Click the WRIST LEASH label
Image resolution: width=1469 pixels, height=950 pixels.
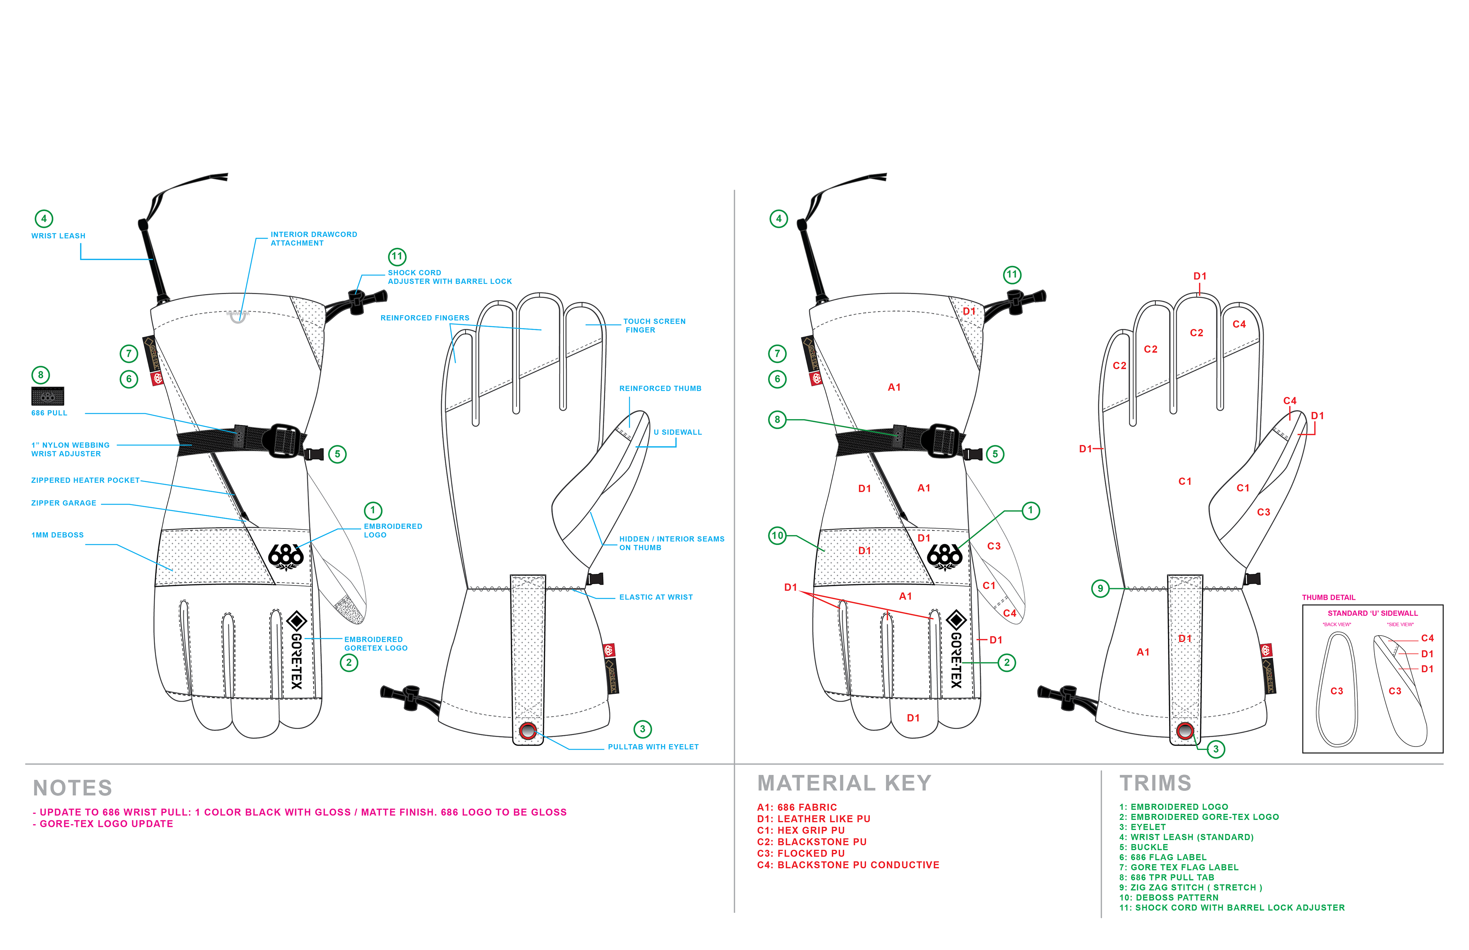pos(58,236)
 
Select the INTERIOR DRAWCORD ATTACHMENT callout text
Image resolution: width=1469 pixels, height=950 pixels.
pos(313,239)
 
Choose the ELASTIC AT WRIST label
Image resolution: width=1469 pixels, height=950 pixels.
pos(655,597)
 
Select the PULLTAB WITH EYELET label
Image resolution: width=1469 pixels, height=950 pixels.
pos(653,747)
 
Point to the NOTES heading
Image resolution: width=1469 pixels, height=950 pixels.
pos(73,788)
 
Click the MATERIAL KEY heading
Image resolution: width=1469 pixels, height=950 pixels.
pos(844,783)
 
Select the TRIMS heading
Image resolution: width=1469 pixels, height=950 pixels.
pos(1155,783)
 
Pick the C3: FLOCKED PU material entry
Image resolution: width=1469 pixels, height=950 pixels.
pos(800,854)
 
